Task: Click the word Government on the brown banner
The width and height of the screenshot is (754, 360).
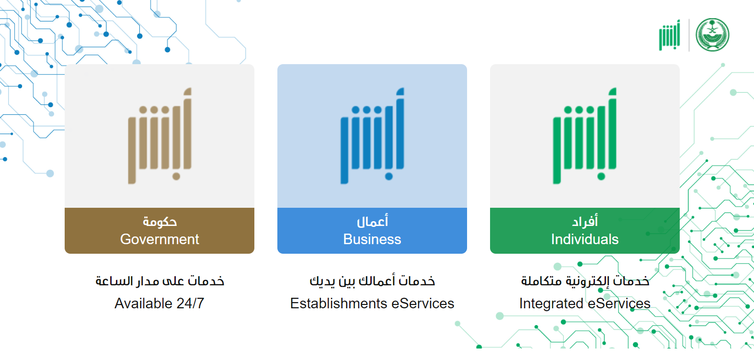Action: [160, 239]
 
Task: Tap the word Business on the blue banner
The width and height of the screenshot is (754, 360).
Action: [372, 239]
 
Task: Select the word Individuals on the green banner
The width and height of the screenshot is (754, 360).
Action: [585, 239]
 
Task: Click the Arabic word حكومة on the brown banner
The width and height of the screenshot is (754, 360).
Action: [160, 221]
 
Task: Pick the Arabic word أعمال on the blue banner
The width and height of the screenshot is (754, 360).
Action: [372, 221]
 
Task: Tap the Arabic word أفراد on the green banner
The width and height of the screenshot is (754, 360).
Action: [585, 221]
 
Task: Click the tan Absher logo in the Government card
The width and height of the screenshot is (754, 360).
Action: [160, 136]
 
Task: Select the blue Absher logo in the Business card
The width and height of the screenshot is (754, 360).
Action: [372, 136]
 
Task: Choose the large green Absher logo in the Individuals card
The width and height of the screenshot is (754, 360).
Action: [585, 136]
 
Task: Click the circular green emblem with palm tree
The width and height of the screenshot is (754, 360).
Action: [712, 34]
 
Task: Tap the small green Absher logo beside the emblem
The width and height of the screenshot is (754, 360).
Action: [670, 35]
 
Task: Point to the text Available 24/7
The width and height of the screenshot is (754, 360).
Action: [159, 304]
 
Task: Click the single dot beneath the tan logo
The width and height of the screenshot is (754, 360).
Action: [176, 176]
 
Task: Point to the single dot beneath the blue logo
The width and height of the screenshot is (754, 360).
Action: [389, 176]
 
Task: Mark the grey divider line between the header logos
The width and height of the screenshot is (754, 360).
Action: [689, 35]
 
